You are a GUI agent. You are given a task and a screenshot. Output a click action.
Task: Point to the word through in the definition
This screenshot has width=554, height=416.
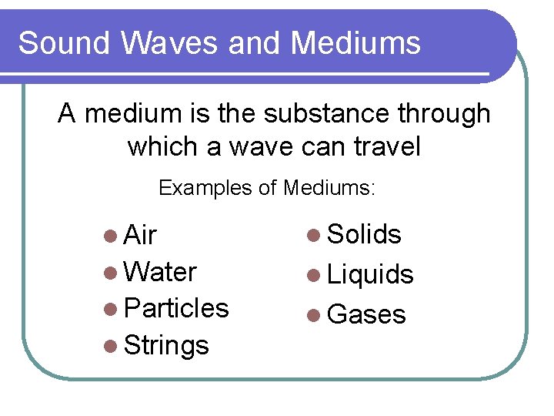click(446, 114)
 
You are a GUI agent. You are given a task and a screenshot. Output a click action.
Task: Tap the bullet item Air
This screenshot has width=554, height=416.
click(140, 234)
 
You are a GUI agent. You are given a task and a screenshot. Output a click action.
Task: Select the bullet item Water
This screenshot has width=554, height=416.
click(160, 271)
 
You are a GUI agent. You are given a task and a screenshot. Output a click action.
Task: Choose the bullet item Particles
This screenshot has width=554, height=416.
click(176, 308)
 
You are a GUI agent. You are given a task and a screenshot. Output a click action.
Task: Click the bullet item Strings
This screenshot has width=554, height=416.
click(166, 345)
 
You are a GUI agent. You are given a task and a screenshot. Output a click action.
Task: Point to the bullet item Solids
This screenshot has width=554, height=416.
click(364, 234)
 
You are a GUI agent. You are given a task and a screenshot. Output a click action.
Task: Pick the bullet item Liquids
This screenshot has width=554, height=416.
click(370, 274)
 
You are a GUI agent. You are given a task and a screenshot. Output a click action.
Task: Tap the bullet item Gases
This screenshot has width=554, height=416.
click(366, 314)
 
